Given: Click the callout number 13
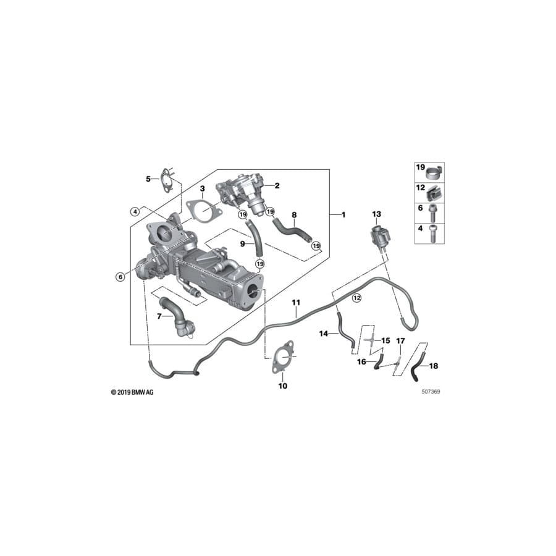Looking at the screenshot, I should click(377, 214).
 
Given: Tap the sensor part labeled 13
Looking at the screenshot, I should click(377, 236).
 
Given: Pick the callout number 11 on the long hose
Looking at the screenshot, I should click(296, 302).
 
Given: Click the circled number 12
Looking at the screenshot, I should click(356, 298).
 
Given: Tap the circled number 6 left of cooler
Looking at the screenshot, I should click(120, 277).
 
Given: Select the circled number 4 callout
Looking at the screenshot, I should click(134, 211).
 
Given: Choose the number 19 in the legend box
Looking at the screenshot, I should click(420, 167).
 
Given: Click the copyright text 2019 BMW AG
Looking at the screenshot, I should click(132, 392).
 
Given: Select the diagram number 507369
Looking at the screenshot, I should click(431, 391).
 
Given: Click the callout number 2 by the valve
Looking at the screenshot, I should click(277, 185).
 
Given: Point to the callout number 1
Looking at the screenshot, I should click(344, 214).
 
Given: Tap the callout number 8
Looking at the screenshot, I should click(294, 215).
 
